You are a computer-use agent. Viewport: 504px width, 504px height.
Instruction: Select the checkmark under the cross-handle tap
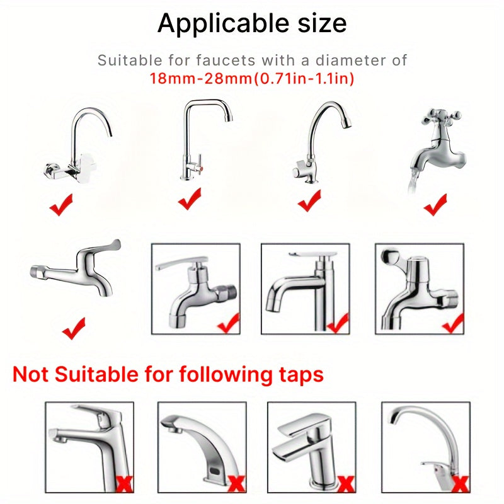(x=435, y=205)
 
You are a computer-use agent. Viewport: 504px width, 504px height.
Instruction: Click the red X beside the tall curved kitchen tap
(x=460, y=483)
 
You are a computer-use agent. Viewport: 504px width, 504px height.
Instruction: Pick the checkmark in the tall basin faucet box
(x=338, y=324)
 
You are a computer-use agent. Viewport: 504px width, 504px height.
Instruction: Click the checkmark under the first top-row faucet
(x=61, y=205)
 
